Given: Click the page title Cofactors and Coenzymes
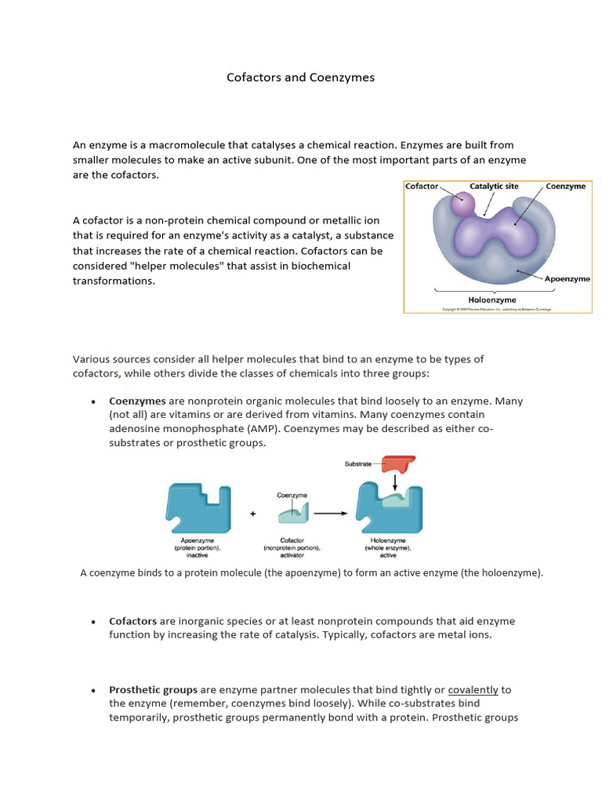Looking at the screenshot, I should point(300,78).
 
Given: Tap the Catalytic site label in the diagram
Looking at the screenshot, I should point(495,187).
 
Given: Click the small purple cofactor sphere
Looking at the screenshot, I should point(463,205).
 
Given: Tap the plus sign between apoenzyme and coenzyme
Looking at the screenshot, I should point(252,514).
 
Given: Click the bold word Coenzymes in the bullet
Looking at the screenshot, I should point(137,401).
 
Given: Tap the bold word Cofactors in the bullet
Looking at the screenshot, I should point(132,621).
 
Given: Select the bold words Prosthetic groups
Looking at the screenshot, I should point(153,690).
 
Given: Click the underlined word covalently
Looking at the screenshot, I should point(473,690).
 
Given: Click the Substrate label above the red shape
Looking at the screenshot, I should point(358,464).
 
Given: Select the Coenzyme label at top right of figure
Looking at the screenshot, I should point(565,187).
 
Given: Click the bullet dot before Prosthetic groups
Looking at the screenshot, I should point(93,691).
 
